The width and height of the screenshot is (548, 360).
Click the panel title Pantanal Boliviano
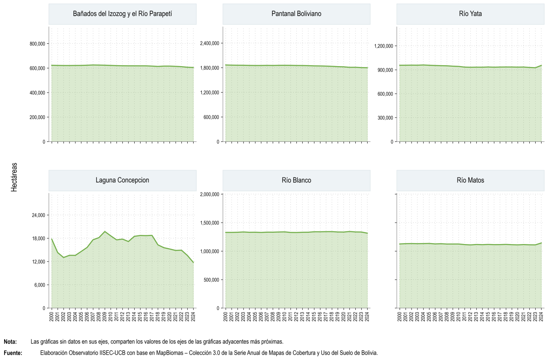click(x=296, y=14)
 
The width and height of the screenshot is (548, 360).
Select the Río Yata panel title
click(x=470, y=14)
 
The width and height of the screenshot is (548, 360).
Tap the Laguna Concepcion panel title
click(x=122, y=180)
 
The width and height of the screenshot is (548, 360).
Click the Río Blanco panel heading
click(x=296, y=180)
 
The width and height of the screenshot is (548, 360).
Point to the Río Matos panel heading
click(x=470, y=180)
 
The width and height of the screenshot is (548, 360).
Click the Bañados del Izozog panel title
click(x=122, y=14)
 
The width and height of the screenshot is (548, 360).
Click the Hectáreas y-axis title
click(x=14, y=177)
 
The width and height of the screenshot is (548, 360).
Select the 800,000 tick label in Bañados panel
click(x=37, y=44)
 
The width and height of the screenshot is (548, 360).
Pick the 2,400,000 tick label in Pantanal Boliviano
click(x=210, y=43)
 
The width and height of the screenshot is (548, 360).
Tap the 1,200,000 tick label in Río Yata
click(x=384, y=46)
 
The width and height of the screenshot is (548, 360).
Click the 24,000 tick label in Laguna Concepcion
click(x=39, y=215)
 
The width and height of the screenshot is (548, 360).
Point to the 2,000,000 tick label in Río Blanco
click(x=210, y=194)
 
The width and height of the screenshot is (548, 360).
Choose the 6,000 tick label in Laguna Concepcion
click(x=40, y=285)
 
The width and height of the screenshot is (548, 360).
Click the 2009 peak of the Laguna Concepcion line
click(x=105, y=231)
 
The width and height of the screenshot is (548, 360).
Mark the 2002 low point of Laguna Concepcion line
click(x=63, y=258)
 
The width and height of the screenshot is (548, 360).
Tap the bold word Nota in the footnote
click(x=10, y=342)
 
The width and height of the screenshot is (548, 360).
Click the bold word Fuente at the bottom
click(x=13, y=353)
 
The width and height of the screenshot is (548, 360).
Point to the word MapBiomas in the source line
click(x=169, y=353)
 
